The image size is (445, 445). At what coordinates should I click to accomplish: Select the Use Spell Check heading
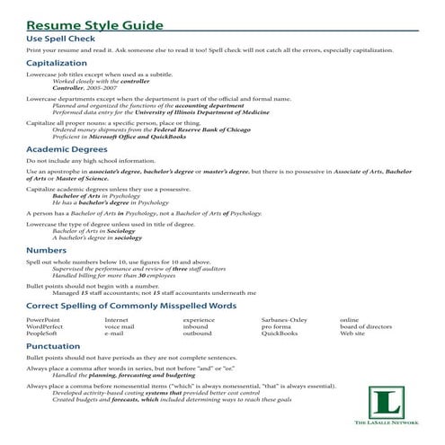click(x=62, y=38)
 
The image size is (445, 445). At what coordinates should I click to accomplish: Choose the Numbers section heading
click(x=46, y=250)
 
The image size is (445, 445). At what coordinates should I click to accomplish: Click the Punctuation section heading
click(x=53, y=346)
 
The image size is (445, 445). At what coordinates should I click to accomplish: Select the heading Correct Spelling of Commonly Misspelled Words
click(x=131, y=306)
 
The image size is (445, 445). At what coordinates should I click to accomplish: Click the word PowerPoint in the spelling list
click(x=44, y=320)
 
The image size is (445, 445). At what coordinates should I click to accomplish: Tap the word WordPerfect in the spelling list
click(x=45, y=326)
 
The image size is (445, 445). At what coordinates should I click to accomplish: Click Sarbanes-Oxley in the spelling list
click(x=284, y=320)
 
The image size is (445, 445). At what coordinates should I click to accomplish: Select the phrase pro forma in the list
click(x=277, y=326)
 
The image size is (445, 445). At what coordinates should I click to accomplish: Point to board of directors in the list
click(x=366, y=326)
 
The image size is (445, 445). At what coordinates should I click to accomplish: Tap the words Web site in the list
click(x=352, y=334)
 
